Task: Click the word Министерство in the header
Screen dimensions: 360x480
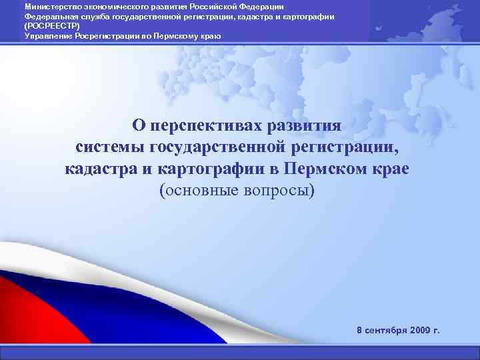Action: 47,6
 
